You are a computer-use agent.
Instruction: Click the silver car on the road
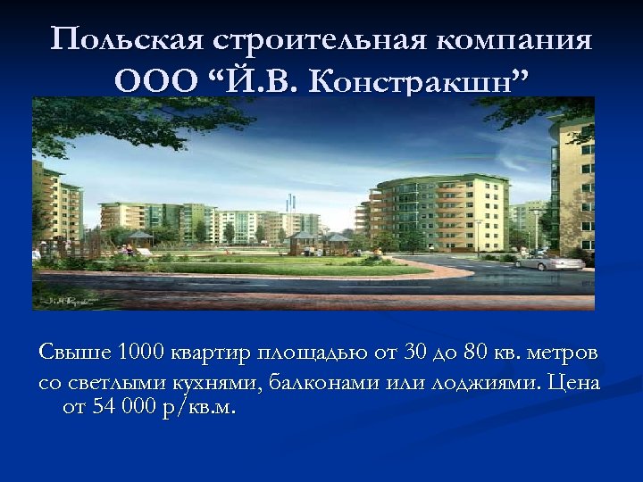click(549, 262)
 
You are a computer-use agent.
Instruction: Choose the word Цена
click(575, 383)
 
